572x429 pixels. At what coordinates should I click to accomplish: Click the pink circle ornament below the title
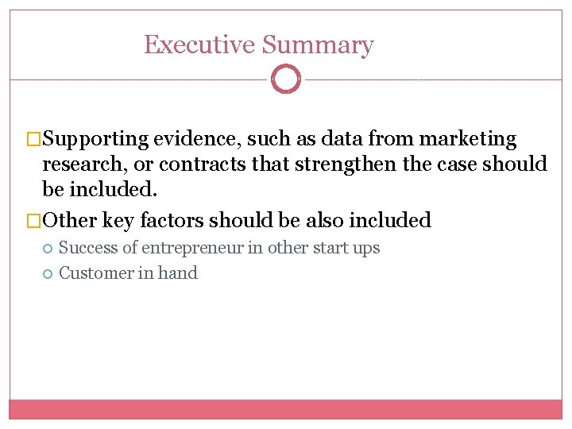tap(286, 79)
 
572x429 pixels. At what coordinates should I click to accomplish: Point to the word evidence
tap(197, 140)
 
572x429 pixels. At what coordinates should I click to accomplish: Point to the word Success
tap(88, 248)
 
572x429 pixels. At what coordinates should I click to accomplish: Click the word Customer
tap(92, 273)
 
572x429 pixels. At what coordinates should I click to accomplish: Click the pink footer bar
tap(286, 409)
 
